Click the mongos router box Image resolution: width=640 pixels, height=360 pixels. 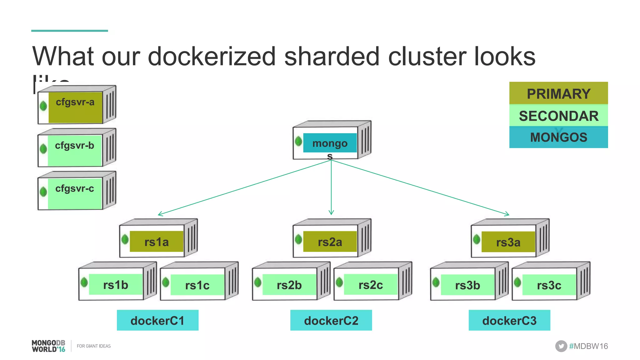coord(330,143)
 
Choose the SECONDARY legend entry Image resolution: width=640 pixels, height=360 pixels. coord(558,116)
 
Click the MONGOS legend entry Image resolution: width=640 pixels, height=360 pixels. coord(558,137)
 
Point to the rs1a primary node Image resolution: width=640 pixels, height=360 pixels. coord(156,242)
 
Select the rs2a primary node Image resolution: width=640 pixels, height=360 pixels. coord(330,242)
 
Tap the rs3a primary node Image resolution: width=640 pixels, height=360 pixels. coord(508,242)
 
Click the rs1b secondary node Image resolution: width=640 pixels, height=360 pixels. coord(116,285)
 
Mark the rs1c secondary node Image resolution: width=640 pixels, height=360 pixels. coord(197,285)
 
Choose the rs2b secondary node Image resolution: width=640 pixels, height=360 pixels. coord(289,285)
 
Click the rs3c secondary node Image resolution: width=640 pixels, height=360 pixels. coord(549,285)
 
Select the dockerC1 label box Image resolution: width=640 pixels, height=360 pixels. coord(157,320)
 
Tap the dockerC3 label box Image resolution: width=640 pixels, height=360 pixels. coord(509,320)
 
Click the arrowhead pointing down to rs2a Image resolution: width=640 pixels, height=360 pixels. coord(331,213)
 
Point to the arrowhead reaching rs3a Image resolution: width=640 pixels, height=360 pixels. coord(507,214)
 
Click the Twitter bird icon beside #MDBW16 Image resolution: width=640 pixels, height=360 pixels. coord(561,346)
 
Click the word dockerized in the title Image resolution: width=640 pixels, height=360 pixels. coord(212,57)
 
